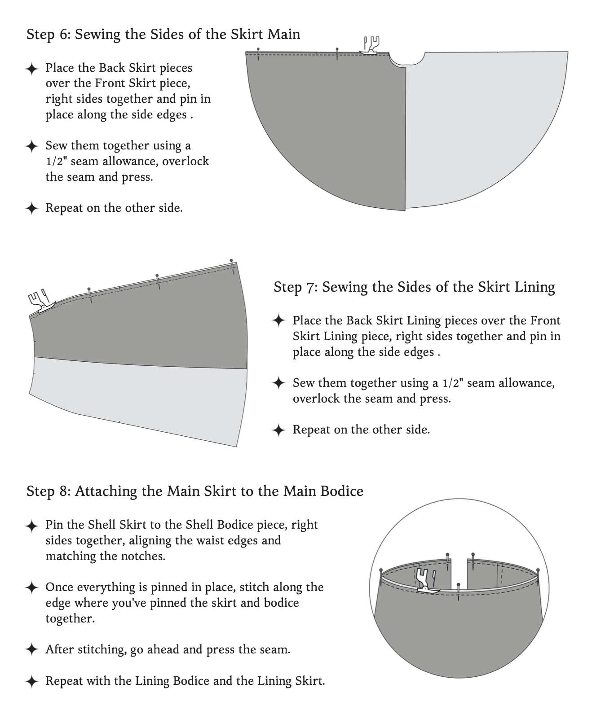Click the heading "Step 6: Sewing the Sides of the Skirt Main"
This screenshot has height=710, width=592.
click(163, 35)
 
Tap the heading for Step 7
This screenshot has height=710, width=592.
click(414, 287)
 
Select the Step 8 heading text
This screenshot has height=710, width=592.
click(195, 491)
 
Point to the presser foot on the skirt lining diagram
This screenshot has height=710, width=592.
click(41, 301)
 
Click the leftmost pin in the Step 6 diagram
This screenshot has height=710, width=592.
click(258, 54)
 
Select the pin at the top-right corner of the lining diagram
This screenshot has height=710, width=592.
click(232, 267)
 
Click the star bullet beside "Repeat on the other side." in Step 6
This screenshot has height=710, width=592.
click(31, 208)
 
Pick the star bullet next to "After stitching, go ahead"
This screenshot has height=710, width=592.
click(31, 649)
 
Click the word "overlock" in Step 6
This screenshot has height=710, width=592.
click(186, 161)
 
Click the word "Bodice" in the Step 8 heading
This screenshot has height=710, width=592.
click(342, 491)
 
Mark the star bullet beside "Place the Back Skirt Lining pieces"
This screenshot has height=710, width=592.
click(279, 320)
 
